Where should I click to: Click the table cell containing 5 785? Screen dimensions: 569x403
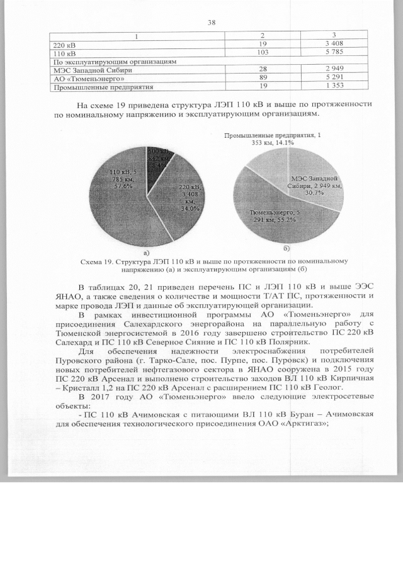point(333,54)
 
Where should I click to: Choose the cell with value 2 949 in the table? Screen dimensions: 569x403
point(333,71)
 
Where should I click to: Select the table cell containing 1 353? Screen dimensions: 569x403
point(333,87)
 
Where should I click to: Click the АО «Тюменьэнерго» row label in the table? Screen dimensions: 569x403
point(85,79)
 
